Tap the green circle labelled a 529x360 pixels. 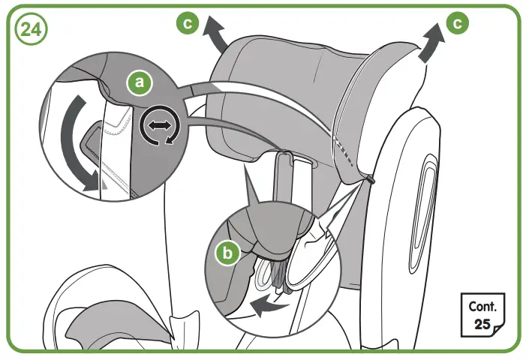click(x=136, y=81)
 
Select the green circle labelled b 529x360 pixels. click(x=229, y=253)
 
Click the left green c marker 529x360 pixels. click(x=189, y=24)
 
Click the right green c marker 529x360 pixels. click(x=455, y=24)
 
